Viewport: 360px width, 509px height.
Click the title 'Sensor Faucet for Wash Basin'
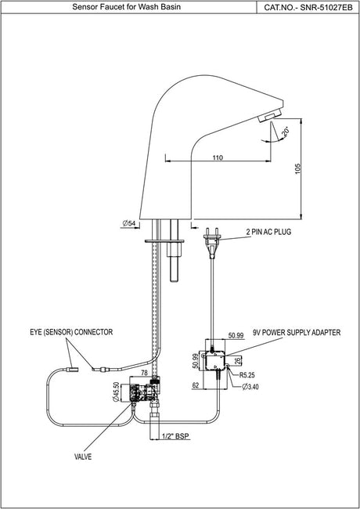(x=127, y=7)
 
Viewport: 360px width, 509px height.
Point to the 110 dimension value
(x=218, y=157)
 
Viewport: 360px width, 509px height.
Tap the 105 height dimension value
(x=298, y=169)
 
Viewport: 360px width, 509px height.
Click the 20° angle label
(x=286, y=132)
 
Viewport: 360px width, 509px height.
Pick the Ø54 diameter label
(x=129, y=223)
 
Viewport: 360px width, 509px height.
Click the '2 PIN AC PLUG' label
(x=268, y=232)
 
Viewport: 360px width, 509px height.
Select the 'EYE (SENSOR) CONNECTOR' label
(x=71, y=332)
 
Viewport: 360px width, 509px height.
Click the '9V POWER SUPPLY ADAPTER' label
(x=297, y=332)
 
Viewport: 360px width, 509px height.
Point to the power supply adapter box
(x=215, y=361)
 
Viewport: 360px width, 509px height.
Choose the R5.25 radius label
(x=247, y=375)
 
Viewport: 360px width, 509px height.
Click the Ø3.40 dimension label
(x=250, y=386)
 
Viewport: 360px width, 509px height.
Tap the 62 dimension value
(x=196, y=385)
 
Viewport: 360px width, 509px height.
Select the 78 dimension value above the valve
(x=144, y=374)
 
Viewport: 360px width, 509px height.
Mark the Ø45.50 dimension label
(x=116, y=392)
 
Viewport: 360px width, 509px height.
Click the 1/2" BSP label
(x=175, y=436)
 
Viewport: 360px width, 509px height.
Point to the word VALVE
(x=83, y=457)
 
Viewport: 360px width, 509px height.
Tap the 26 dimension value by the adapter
(x=237, y=360)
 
